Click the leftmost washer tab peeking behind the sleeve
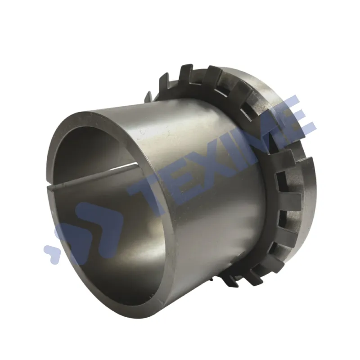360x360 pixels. (149, 96)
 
